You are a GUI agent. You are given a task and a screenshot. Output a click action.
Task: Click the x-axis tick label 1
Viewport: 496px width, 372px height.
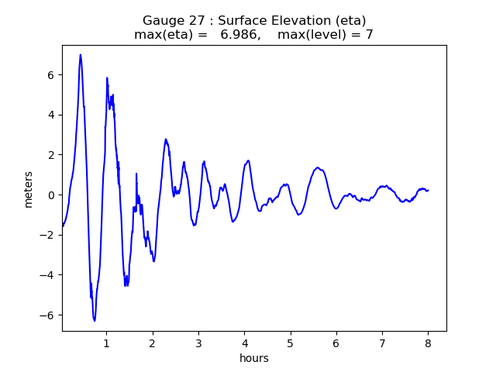[x=107, y=343]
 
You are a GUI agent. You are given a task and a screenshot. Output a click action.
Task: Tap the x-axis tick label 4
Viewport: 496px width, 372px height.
[x=245, y=343]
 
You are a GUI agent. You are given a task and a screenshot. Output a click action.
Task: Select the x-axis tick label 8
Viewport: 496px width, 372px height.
[x=429, y=343]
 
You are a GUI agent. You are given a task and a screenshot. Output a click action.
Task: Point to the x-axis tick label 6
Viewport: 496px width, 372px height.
[x=336, y=343]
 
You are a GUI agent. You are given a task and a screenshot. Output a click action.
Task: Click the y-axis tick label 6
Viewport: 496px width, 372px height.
[x=50, y=75]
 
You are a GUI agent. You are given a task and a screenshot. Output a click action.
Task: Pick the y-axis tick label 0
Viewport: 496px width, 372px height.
[x=50, y=195]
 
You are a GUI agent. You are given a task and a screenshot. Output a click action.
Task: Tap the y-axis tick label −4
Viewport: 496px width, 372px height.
[x=47, y=275]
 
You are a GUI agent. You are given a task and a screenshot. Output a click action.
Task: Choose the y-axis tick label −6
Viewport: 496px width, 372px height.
[x=47, y=315]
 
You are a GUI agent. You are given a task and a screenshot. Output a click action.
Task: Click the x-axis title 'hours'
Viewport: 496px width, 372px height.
[x=254, y=358]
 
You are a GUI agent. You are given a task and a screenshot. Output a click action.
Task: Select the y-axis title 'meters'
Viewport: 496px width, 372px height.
[x=29, y=189]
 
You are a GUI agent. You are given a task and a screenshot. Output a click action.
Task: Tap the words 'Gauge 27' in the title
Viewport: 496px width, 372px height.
[x=168, y=20]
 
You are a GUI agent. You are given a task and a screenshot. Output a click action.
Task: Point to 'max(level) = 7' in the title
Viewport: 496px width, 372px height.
[x=330, y=35]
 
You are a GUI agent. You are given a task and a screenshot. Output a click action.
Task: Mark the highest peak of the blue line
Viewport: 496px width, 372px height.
[x=81, y=54]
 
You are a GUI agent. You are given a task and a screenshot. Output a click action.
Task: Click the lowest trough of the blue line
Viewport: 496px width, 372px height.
[x=95, y=321]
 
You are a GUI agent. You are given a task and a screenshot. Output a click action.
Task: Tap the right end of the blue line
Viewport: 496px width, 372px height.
[x=429, y=190]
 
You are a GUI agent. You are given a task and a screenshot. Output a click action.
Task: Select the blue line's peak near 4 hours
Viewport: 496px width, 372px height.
[x=248, y=160]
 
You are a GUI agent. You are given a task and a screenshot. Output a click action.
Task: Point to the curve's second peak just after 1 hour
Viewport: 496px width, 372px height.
[x=107, y=77]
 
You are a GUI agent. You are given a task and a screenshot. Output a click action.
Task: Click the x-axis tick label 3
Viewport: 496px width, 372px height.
[x=198, y=343]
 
